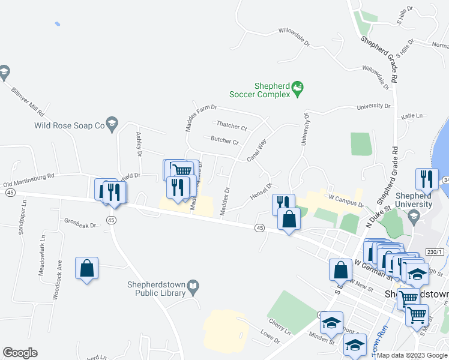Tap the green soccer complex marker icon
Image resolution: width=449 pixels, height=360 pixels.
pos(297,90)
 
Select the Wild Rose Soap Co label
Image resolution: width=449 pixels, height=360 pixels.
pos(70,125)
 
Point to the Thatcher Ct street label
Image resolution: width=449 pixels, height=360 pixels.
pos(232,127)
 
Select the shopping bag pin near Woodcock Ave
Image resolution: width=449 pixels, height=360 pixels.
pos(86,269)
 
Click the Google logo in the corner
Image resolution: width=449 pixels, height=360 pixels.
pos(20,353)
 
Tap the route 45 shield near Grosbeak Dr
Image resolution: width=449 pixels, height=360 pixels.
pos(110,220)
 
